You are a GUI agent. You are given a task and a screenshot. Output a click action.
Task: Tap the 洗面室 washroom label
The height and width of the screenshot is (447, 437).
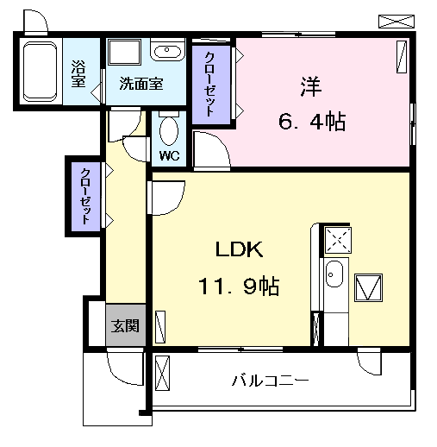pos(140,84)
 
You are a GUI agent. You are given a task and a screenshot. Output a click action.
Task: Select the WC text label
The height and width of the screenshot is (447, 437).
pos(169,156)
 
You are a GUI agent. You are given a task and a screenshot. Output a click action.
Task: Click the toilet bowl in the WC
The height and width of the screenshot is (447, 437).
pos(169,131)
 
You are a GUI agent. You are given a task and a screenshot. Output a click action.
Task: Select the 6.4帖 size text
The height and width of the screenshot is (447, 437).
pos(312,122)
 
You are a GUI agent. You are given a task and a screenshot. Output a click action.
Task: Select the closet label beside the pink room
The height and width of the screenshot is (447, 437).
pos(211,84)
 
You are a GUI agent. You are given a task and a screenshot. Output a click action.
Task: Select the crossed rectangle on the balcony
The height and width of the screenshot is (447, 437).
pos(161,374)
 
